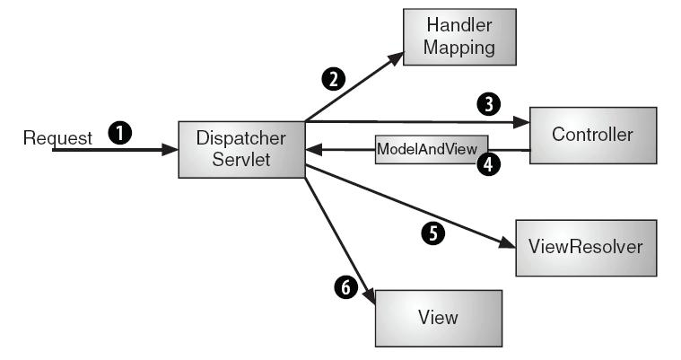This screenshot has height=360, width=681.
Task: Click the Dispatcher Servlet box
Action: (x=241, y=149)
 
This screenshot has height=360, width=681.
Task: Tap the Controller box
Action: (x=592, y=135)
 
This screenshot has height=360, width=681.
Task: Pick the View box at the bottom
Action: (x=438, y=317)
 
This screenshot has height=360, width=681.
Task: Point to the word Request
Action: (x=57, y=138)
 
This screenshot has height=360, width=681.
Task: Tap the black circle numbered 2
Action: (x=334, y=79)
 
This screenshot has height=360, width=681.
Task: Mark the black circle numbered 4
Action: (x=489, y=167)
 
